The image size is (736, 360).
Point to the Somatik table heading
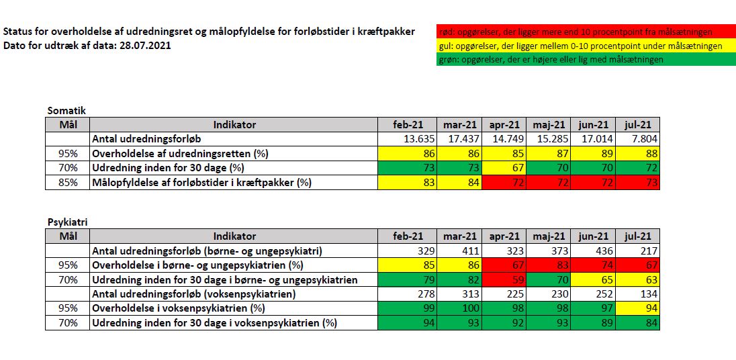click(66, 111)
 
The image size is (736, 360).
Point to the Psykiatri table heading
click(67, 222)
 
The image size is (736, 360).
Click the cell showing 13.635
click(408, 139)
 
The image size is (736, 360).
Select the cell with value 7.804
click(638, 139)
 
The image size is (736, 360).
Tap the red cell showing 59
click(505, 280)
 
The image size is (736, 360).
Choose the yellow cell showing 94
click(638, 309)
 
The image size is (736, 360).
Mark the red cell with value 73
click(638, 183)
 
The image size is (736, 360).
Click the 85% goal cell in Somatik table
click(68, 183)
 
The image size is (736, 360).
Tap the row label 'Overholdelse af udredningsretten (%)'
click(183, 154)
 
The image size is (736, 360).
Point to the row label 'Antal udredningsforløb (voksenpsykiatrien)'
click(194, 294)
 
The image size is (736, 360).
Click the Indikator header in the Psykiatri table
click(234, 236)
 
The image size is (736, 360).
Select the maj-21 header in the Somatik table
click(550, 125)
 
